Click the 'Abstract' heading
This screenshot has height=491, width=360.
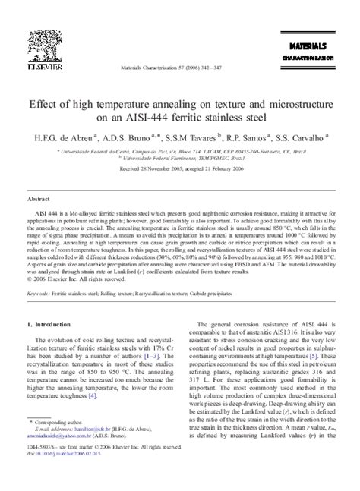(x=39, y=197)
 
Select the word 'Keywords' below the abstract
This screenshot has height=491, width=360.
(x=39, y=293)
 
